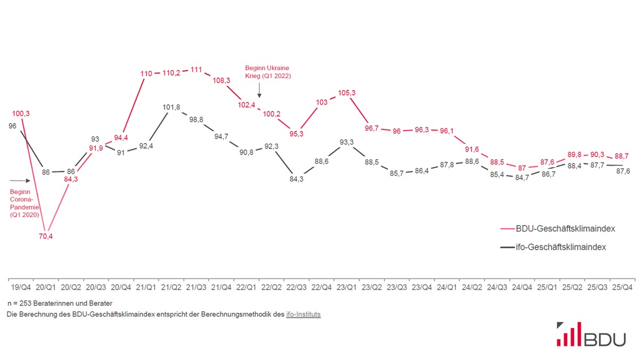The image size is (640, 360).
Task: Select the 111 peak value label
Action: [x=196, y=70]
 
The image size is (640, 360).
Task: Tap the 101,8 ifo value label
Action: [x=171, y=107]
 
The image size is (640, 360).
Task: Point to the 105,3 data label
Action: [x=347, y=93]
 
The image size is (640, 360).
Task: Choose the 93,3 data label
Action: [x=347, y=142]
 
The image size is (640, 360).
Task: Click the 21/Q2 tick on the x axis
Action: [x=171, y=287]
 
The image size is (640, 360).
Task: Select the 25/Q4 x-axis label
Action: [x=622, y=287]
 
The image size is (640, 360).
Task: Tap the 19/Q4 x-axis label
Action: [x=20, y=287]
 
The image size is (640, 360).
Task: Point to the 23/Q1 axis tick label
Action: [x=347, y=287]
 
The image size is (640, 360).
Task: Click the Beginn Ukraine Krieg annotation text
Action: [x=268, y=72]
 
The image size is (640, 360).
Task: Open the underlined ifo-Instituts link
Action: [x=303, y=314]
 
